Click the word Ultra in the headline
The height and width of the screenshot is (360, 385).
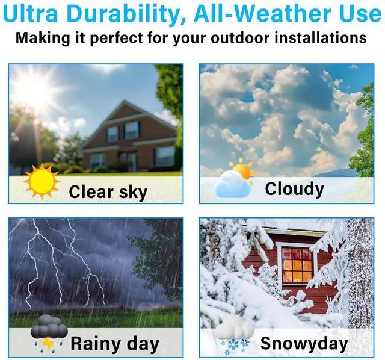30,13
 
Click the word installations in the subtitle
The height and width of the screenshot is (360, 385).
321,38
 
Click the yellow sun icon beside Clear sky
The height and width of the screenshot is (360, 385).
42,181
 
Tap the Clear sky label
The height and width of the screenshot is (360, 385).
108,191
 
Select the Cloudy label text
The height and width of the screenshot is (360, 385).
294,189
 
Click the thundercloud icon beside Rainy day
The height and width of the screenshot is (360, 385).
49,334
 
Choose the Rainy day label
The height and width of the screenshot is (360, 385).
115,344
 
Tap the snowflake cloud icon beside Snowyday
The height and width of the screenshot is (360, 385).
234,335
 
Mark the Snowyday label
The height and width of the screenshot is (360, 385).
304,344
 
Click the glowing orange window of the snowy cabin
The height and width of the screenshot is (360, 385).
297,265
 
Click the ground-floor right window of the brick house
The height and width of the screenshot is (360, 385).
165,156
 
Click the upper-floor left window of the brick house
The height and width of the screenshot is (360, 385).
112,134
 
